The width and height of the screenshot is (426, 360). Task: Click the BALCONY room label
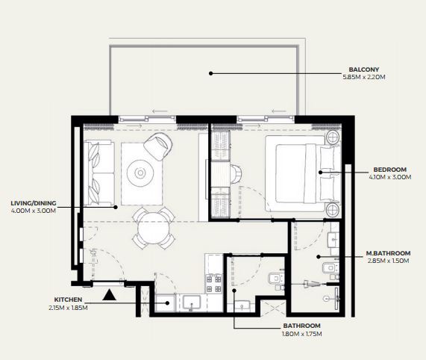point(364,69)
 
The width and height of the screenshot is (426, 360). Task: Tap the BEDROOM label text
point(390,170)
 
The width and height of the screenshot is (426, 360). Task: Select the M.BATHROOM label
point(388,253)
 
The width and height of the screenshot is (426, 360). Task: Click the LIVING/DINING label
point(34,203)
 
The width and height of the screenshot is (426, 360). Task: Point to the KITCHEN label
point(68,300)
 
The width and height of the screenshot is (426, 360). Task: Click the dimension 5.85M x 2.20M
point(364,77)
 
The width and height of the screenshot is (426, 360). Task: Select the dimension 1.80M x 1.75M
point(302,334)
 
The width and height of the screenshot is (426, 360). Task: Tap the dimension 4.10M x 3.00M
point(390,177)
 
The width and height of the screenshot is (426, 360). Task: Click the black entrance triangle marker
point(109,295)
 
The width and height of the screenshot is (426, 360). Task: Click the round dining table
point(154,229)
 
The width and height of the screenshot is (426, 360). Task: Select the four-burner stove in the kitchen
point(214,284)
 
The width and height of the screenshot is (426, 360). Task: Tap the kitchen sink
point(192,302)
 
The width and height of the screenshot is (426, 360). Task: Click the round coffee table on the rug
point(140,173)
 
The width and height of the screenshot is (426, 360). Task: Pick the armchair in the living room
point(158,146)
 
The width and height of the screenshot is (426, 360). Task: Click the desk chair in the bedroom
point(236,174)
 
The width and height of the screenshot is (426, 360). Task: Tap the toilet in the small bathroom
point(276,279)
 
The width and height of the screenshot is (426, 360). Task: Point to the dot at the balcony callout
point(210,73)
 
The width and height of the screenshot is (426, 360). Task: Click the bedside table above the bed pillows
point(333,137)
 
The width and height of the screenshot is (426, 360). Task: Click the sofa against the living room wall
point(99,173)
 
